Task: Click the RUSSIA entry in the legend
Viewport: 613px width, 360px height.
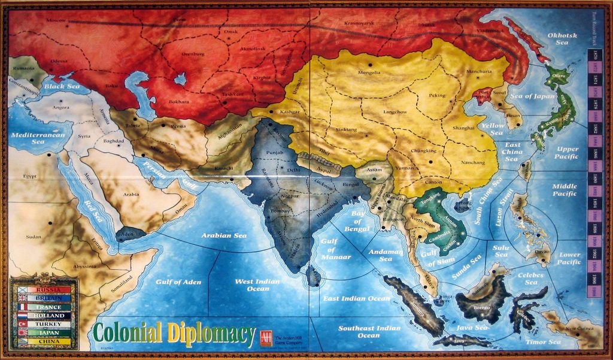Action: [x=44, y=289]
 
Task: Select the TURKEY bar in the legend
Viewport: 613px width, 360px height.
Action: [x=44, y=324]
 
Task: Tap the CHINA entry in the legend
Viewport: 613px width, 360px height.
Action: [x=44, y=341]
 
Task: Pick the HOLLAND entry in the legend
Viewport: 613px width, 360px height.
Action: [x=44, y=316]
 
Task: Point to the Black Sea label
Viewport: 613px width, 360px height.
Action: [x=61, y=86]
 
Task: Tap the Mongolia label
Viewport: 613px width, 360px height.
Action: [x=369, y=72]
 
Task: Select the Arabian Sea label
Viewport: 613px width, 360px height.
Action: [x=224, y=235]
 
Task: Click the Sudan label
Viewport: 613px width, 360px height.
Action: [x=34, y=237]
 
